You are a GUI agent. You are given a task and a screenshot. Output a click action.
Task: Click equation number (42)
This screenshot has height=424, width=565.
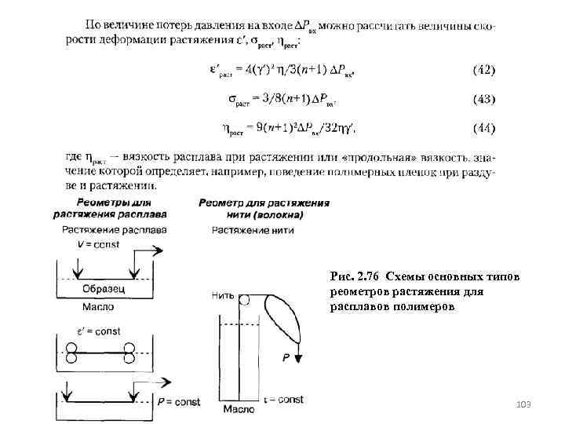(x=483, y=71)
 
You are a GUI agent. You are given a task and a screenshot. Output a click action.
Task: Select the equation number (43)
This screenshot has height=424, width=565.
(x=483, y=100)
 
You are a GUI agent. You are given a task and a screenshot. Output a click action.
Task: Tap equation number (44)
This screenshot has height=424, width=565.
(x=483, y=127)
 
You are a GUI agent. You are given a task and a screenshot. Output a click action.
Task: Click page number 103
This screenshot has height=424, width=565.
(x=523, y=404)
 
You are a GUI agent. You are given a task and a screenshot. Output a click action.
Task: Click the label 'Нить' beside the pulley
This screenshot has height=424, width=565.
(x=223, y=296)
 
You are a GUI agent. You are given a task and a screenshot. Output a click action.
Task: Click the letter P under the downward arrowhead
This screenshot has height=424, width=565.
(x=287, y=357)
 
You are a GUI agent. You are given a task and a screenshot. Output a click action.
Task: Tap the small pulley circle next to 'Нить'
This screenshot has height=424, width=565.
(x=245, y=299)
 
